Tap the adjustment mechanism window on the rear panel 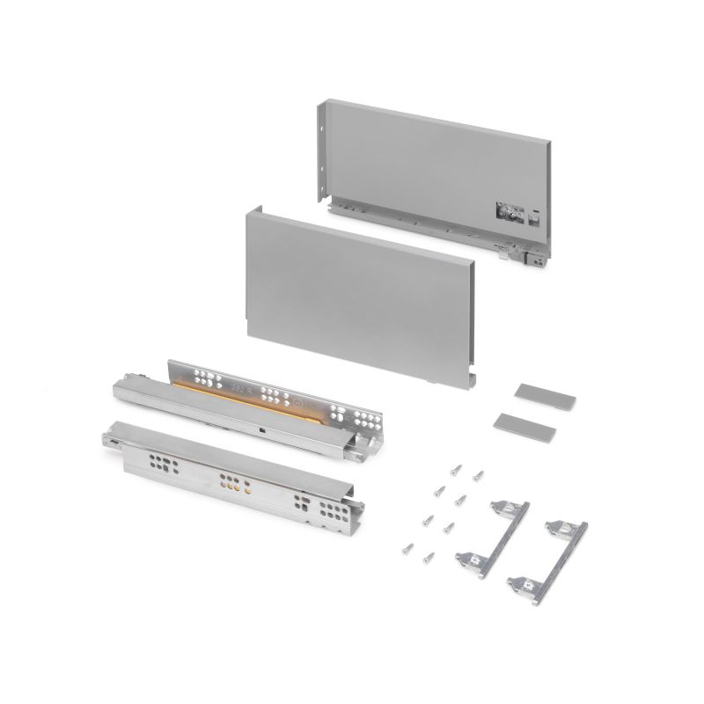(x=509, y=212)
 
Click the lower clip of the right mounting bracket (x=524, y=582)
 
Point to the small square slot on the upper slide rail (x=264, y=429)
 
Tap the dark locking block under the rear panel (x=532, y=260)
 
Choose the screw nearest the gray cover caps (x=478, y=476)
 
